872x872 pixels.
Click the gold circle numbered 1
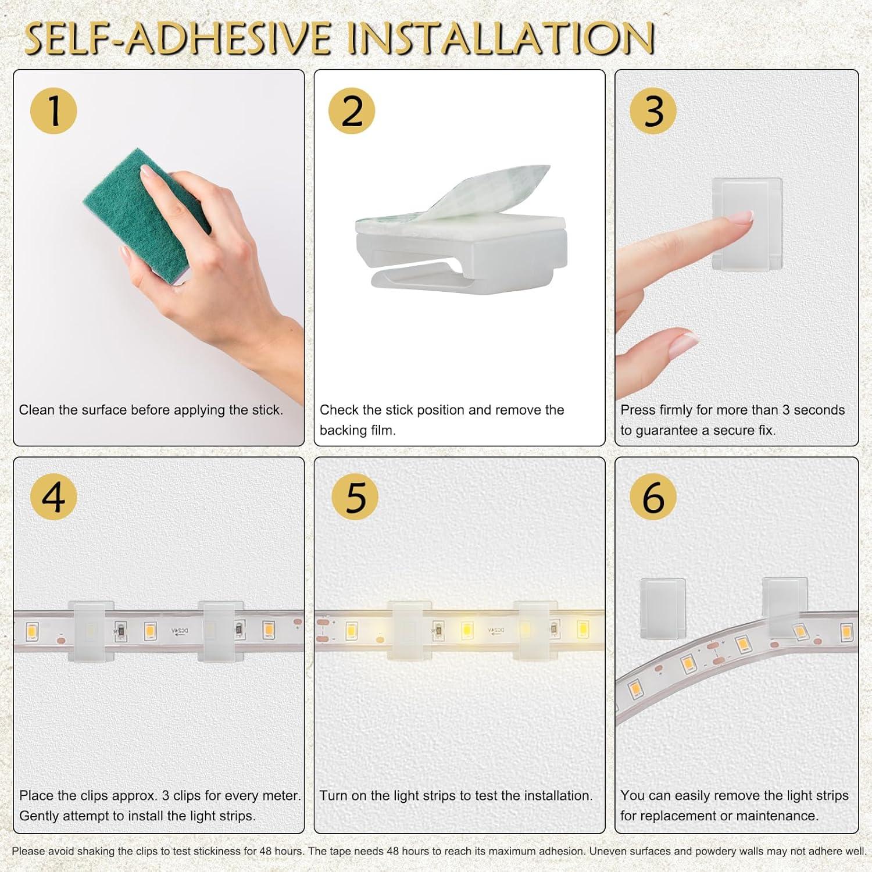[53, 110]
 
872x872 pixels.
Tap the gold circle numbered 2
[352, 110]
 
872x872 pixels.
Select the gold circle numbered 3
[653, 110]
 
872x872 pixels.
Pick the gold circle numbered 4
[53, 497]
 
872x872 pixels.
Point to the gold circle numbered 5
[355, 497]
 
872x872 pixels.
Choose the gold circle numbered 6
[653, 497]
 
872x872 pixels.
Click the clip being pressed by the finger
[747, 224]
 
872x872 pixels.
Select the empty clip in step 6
[662, 607]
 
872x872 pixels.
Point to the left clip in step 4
[87, 631]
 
